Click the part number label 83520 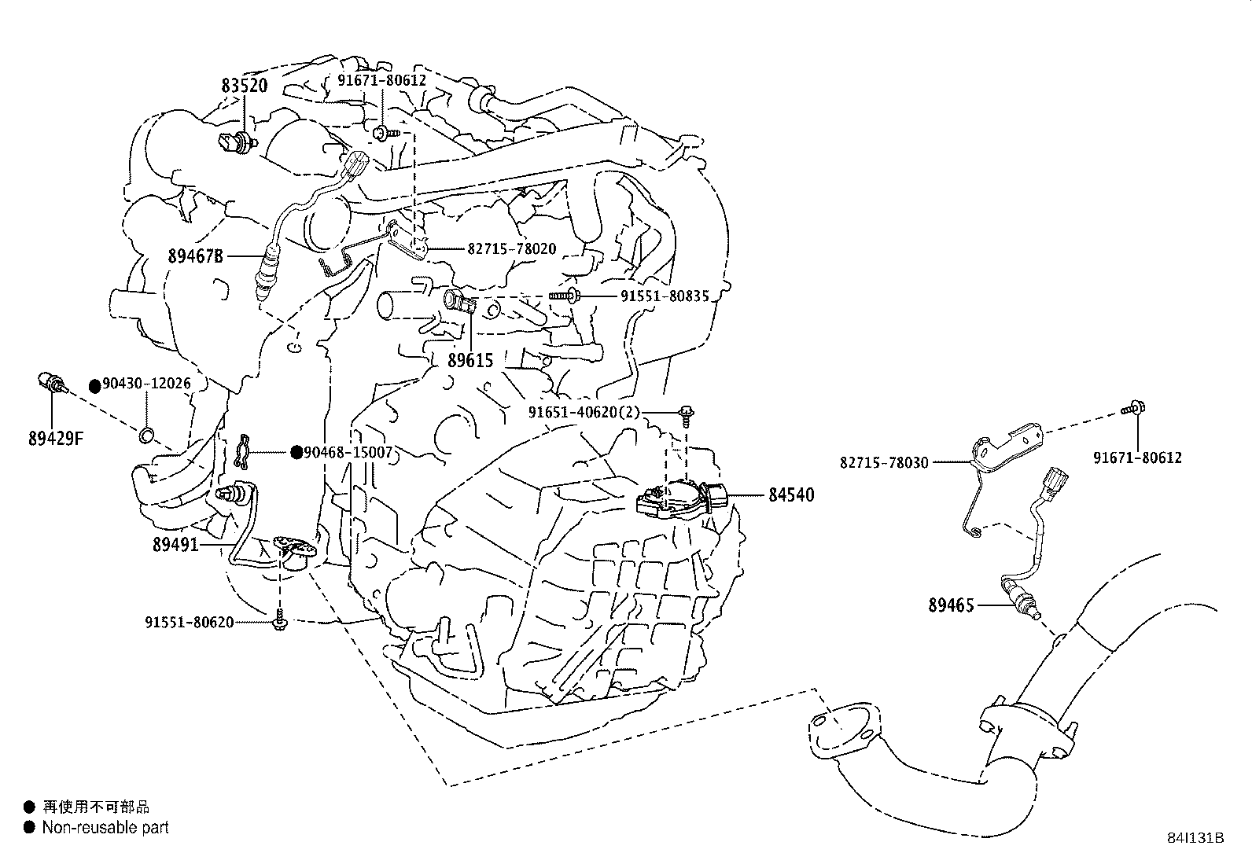click(244, 86)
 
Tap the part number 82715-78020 click(511, 249)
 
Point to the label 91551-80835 click(665, 296)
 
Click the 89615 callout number click(470, 361)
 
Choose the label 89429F click(56, 439)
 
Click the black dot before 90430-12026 click(94, 385)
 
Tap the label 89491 click(175, 544)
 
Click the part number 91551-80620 click(189, 622)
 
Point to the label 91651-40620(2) click(584, 413)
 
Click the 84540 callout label click(791, 495)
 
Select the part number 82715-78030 click(884, 463)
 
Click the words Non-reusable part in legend click(105, 827)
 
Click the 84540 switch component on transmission click(677, 498)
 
